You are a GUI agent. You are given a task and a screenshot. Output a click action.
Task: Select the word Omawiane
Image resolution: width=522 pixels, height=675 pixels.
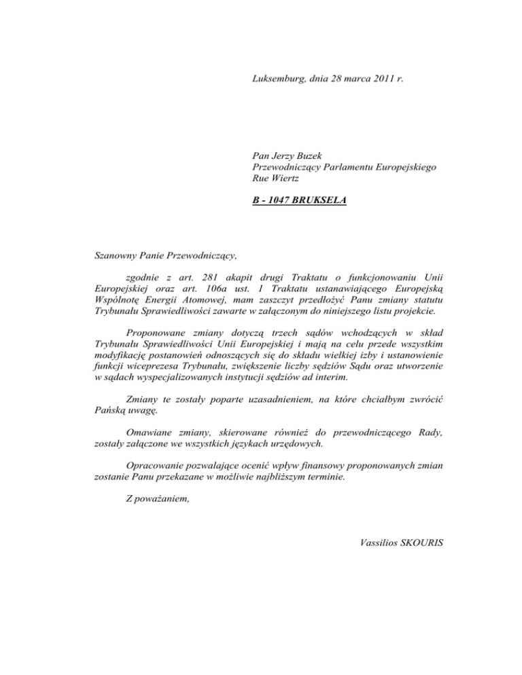tap(151, 432)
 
